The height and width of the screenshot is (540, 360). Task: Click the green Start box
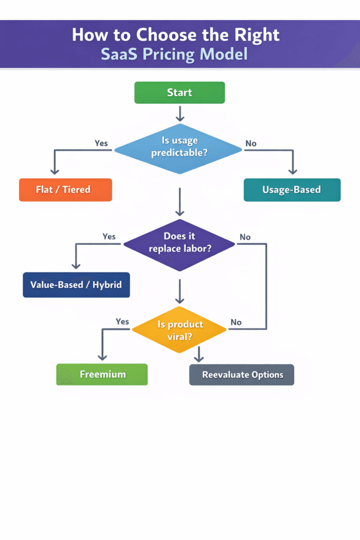(179, 92)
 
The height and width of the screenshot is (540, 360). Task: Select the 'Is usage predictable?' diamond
(179, 147)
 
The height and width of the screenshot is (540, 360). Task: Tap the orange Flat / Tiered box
(65, 190)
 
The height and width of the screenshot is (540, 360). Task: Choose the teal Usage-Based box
(291, 190)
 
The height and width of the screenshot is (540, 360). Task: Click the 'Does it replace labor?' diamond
(179, 243)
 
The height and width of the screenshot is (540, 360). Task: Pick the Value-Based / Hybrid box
(76, 285)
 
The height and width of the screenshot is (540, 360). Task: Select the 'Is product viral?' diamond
(179, 330)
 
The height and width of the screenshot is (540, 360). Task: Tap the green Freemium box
(102, 374)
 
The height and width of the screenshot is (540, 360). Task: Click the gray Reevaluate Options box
(242, 375)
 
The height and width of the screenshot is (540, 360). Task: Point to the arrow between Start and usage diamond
(180, 113)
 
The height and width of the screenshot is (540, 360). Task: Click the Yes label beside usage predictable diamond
(101, 143)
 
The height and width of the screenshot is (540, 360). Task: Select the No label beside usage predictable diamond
(251, 143)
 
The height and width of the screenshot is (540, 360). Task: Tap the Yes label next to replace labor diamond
(109, 236)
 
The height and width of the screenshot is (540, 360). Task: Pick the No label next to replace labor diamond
(245, 237)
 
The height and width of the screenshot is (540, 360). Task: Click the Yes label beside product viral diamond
(122, 321)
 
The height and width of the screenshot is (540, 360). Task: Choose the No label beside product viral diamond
(236, 322)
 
